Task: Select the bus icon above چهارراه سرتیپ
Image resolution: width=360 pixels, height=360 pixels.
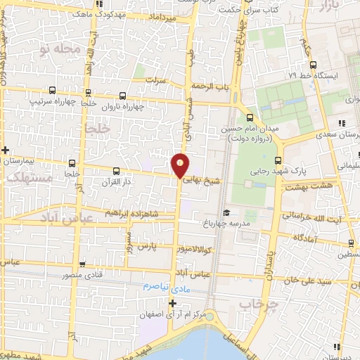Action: point(53,90)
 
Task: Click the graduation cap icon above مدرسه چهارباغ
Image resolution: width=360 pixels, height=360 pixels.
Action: point(226,213)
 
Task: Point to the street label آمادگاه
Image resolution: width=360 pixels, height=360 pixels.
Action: point(309,238)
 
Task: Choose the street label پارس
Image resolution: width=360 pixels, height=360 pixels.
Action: point(145,248)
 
